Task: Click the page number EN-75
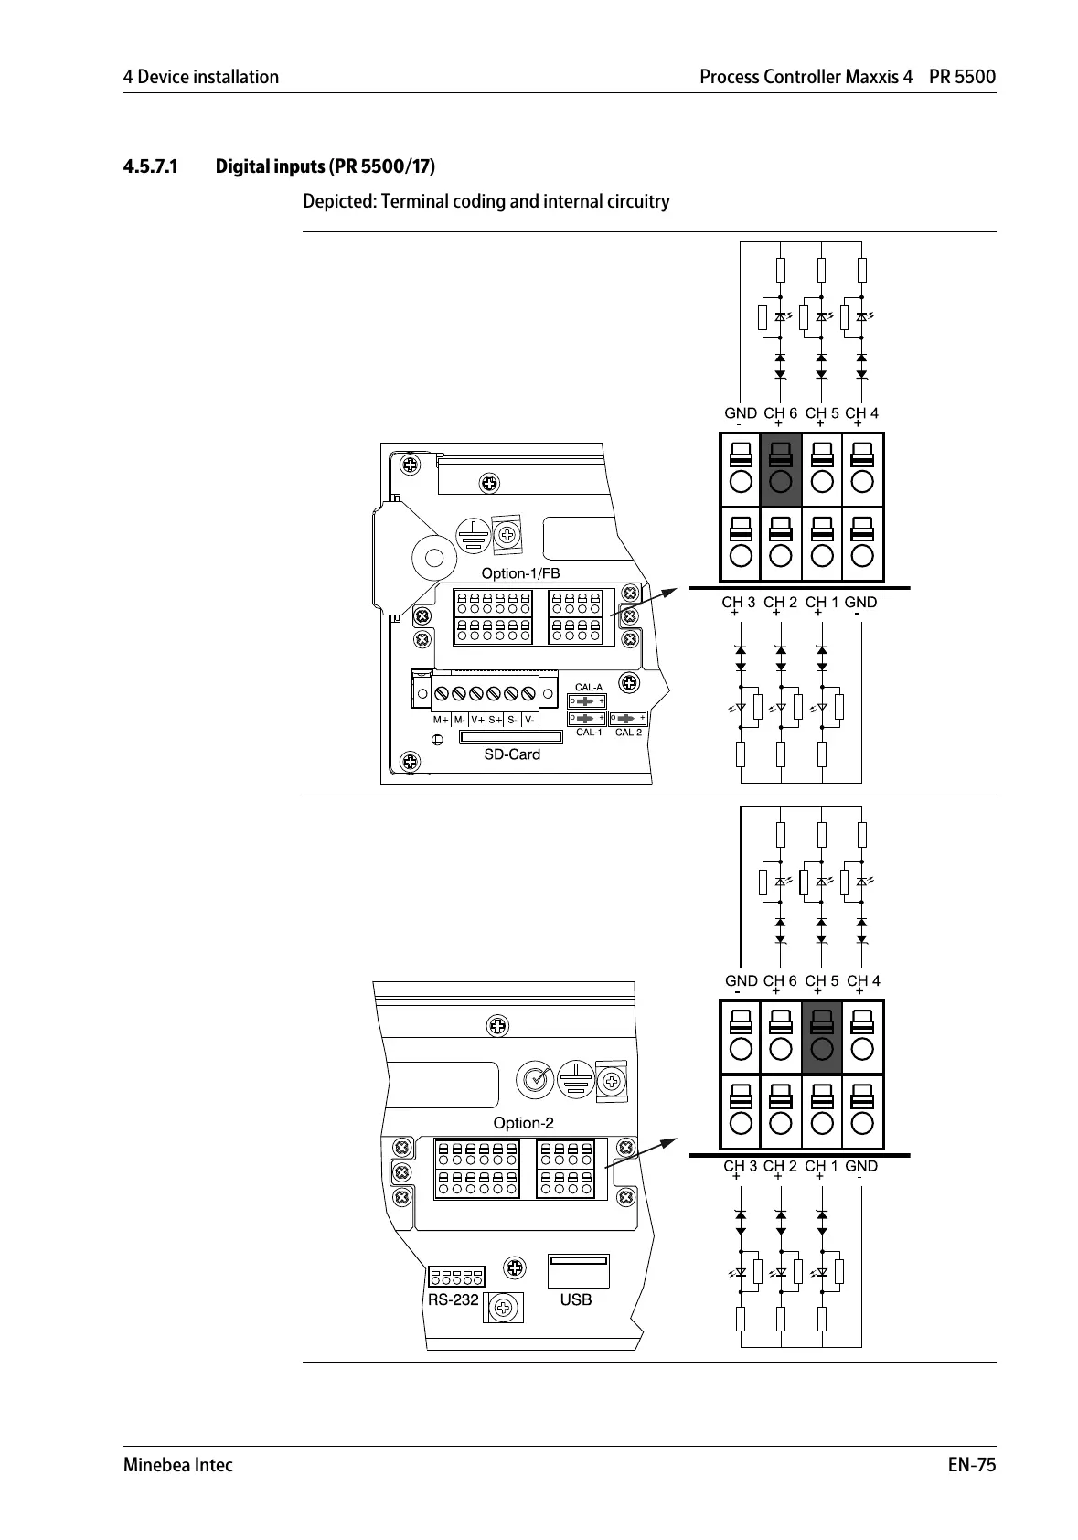(x=971, y=1465)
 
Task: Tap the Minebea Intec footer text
(x=178, y=1465)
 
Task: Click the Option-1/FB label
(x=520, y=573)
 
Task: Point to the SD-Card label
(x=512, y=754)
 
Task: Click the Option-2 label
(x=523, y=1123)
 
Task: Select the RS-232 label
(x=453, y=1299)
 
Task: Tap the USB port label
(x=576, y=1299)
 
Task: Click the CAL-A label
(x=588, y=687)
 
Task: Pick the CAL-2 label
(x=628, y=733)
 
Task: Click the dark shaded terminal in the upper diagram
(x=780, y=469)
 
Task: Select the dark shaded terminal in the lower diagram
(x=821, y=1037)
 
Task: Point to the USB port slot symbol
(x=578, y=1270)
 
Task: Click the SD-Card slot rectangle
(x=511, y=737)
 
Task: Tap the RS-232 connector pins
(x=455, y=1276)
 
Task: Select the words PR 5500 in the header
(x=962, y=77)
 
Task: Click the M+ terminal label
(x=441, y=720)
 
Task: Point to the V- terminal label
(x=529, y=720)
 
